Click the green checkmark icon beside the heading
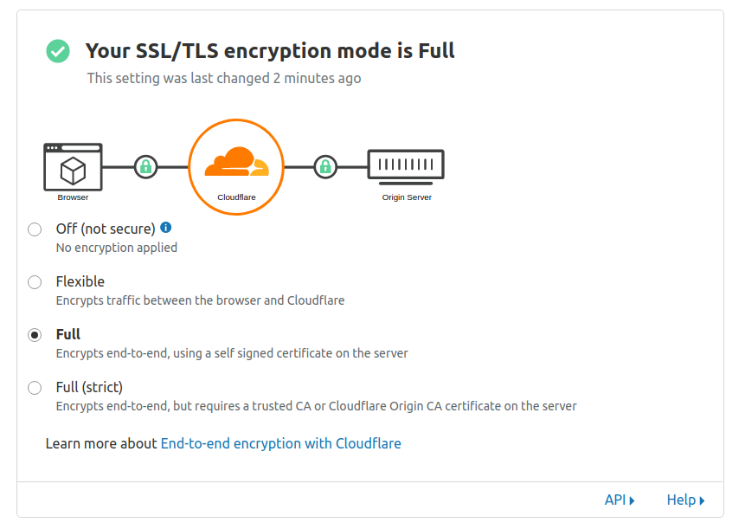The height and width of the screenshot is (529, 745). tap(58, 51)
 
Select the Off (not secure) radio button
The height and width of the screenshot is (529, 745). tap(35, 229)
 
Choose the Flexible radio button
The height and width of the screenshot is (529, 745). tap(35, 282)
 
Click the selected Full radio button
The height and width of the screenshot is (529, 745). tap(35, 335)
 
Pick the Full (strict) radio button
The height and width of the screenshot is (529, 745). tap(35, 388)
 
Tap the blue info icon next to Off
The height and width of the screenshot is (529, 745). tap(166, 228)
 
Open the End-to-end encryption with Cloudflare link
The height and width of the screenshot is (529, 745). tap(280, 443)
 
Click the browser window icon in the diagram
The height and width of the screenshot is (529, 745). tap(73, 166)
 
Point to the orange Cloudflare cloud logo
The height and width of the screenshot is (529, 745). tap(236, 161)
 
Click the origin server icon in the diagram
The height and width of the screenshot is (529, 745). tap(406, 165)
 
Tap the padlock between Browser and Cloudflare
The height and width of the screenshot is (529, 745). tap(145, 166)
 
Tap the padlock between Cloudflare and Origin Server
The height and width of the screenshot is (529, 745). tap(324, 166)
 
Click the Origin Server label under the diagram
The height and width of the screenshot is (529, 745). tap(407, 197)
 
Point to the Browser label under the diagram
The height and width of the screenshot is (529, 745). tap(73, 197)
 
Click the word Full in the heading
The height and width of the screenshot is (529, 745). tap(436, 51)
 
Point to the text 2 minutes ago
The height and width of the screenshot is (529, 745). tap(317, 78)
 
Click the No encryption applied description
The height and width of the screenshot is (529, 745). tap(116, 248)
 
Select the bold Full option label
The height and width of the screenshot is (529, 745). tap(68, 334)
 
